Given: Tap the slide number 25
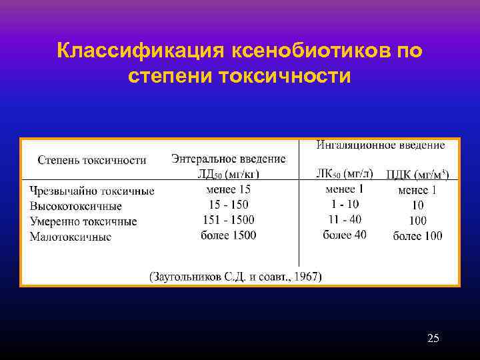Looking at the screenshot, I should click(433, 339).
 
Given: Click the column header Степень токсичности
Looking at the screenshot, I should click(92, 160).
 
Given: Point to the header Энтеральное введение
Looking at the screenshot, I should click(228, 159).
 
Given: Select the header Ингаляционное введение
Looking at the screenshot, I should click(380, 145).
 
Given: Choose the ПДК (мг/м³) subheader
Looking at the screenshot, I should click(417, 175).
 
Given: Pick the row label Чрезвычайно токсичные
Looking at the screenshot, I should click(91, 191).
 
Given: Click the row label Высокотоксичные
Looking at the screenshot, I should click(75, 206).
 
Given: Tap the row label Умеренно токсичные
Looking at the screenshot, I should click(83, 221).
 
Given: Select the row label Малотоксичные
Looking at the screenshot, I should click(70, 237).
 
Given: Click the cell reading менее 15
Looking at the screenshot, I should click(229, 190).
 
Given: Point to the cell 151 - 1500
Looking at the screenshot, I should click(229, 220).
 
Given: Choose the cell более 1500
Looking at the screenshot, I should click(229, 235).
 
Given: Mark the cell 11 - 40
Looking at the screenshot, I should click(344, 219).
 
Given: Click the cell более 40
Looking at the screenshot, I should click(344, 235).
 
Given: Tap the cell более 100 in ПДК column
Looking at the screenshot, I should click(417, 235).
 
